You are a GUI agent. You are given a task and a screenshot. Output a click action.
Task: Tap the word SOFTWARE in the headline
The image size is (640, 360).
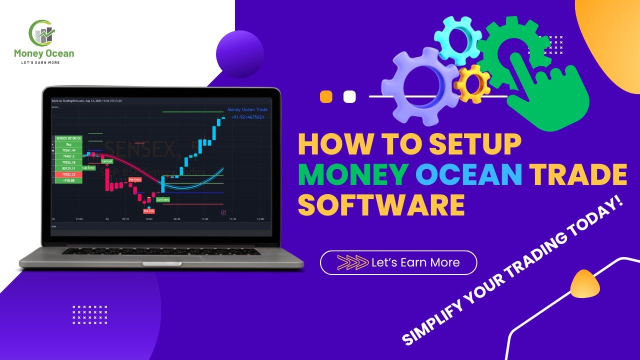[x=381, y=205]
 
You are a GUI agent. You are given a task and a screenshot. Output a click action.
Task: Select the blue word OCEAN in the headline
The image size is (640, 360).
[x=469, y=174]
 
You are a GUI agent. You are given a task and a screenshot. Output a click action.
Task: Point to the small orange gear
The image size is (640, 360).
[x=472, y=83]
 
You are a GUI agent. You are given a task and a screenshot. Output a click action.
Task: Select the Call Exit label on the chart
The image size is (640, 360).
[x=107, y=161]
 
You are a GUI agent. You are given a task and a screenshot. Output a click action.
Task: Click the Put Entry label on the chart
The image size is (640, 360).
[x=135, y=179]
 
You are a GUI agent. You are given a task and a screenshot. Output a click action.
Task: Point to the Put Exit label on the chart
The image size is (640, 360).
[x=149, y=211]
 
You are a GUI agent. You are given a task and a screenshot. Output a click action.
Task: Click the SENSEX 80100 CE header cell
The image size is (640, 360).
[x=68, y=138]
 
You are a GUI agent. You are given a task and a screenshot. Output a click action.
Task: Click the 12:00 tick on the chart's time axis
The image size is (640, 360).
[x=260, y=219]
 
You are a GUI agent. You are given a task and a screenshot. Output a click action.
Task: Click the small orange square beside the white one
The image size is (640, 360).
[x=326, y=96]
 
